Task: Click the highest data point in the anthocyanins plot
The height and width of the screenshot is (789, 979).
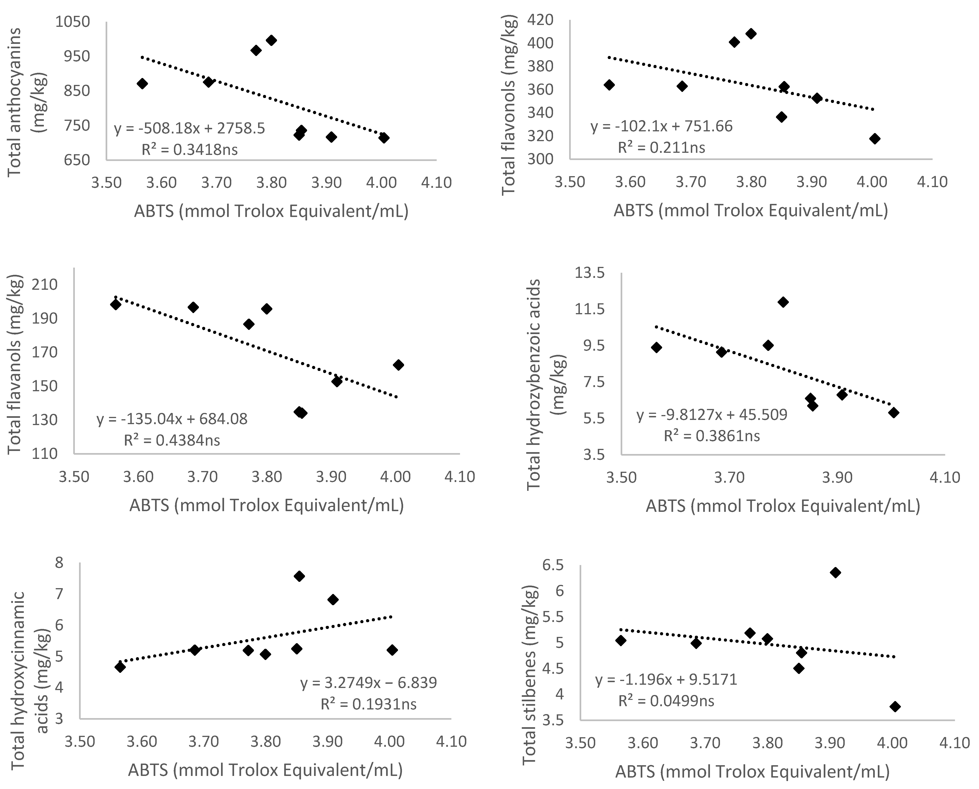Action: coord(271,40)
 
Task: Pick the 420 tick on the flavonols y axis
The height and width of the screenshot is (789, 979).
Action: coord(541,20)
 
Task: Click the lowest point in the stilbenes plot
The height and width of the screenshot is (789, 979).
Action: coord(895,706)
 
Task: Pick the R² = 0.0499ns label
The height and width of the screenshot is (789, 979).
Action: coord(666,701)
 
